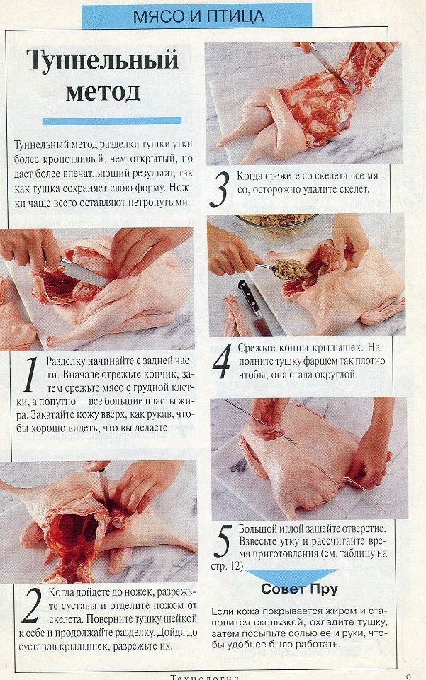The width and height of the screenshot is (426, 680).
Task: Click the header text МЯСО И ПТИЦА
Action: [198, 16]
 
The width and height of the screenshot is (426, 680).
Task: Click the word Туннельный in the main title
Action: [103, 60]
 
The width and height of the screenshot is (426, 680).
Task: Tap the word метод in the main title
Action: [103, 91]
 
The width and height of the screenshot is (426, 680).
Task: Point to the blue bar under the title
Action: [112, 121]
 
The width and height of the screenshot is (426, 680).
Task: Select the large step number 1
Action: [31, 375]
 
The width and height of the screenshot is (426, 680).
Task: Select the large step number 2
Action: [30, 606]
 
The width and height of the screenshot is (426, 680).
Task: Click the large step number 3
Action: [219, 190]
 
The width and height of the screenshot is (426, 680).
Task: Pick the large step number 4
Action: [222, 361]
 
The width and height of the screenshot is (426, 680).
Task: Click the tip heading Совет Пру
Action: [299, 589]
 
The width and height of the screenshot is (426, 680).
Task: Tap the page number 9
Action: [409, 676]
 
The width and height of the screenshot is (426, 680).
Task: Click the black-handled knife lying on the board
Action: [254, 307]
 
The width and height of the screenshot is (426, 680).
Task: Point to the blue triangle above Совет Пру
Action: [291, 574]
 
